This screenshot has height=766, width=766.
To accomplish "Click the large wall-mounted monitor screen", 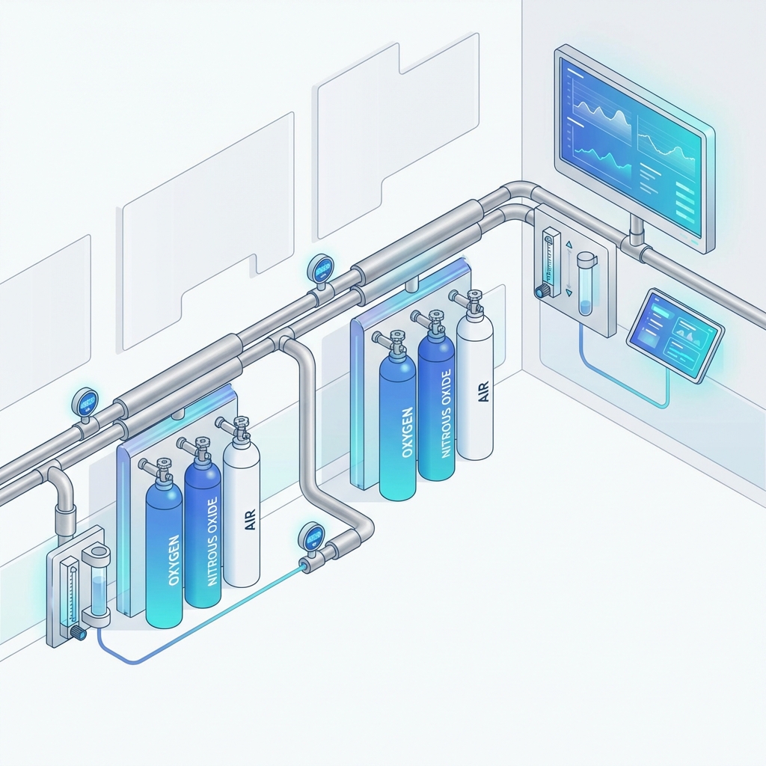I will [632, 146].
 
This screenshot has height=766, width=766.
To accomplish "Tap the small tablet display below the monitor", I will [675, 335].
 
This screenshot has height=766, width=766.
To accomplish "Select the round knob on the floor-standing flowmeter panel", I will [77, 633].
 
